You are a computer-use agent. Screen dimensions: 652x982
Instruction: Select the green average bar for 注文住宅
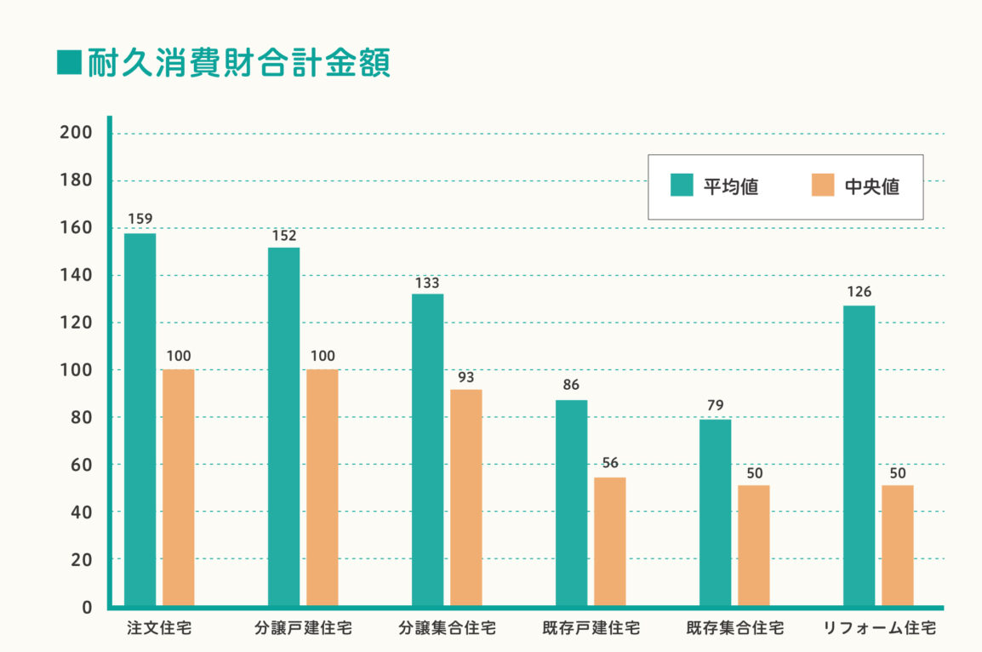tap(140, 420)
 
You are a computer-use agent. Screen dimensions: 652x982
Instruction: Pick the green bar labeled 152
tap(283, 427)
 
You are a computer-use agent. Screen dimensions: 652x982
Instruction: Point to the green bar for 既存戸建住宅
tap(571, 503)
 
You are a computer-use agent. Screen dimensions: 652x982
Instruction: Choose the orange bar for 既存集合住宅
tap(753, 546)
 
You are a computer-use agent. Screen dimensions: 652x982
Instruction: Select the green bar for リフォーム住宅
tap(859, 455)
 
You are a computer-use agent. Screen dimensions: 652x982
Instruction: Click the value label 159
tap(140, 219)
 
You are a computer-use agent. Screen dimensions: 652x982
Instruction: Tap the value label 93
tap(465, 376)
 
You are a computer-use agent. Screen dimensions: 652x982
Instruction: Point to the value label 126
tap(859, 292)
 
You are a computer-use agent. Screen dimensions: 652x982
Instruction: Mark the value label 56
tap(609, 463)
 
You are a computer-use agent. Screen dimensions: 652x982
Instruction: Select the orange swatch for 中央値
tap(822, 186)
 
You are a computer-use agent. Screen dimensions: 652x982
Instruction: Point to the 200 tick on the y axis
tap(76, 133)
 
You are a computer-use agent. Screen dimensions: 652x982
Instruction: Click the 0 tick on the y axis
tap(87, 607)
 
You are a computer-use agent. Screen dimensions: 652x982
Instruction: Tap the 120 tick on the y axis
tap(76, 323)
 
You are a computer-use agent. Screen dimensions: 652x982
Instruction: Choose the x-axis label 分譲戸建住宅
tap(303, 629)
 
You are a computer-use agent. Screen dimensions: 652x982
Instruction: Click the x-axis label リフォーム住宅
tap(879, 629)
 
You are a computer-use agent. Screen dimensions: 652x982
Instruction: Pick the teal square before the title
tap(68, 62)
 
